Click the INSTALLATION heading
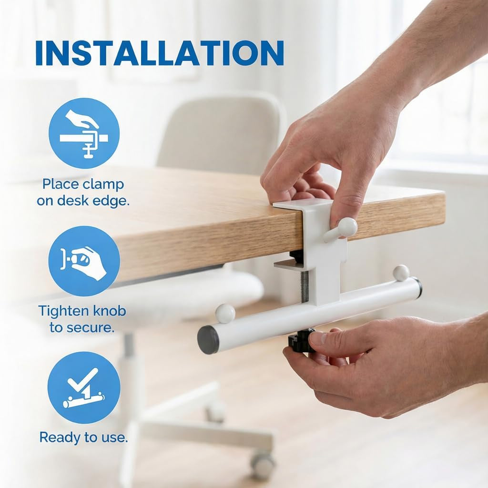(160, 53)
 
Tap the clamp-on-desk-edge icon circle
(84, 133)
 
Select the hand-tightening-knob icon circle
(84, 261)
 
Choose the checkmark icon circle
(84, 388)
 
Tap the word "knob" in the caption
(110, 311)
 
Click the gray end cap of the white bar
(208, 340)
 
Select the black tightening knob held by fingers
(300, 341)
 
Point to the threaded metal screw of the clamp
(305, 286)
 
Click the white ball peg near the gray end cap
(225, 313)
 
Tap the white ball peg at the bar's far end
(401, 273)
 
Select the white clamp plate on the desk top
(295, 205)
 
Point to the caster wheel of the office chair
(263, 465)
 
